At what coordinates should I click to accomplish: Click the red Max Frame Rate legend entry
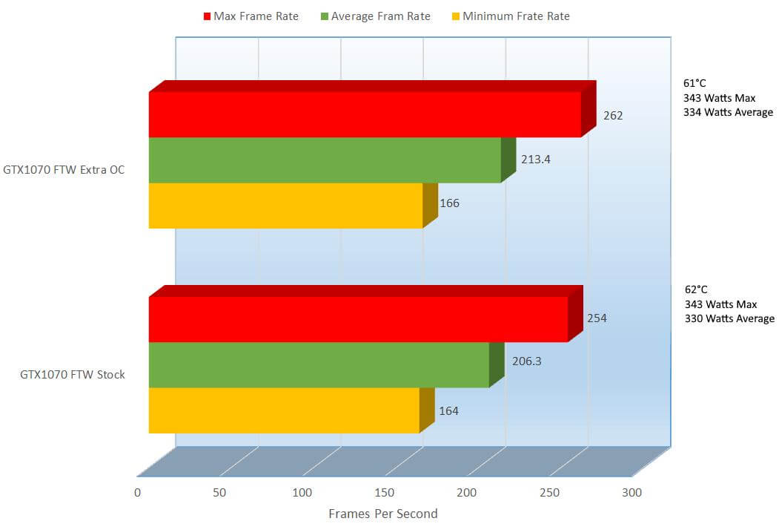coord(250,16)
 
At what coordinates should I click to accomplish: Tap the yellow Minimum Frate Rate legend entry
coord(510,16)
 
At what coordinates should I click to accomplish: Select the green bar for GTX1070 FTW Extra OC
coord(325,160)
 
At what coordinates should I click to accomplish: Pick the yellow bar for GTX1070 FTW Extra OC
coord(285,206)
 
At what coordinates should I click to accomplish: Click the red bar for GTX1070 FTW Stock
coord(358,319)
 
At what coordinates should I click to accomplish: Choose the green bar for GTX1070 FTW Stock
coord(319,364)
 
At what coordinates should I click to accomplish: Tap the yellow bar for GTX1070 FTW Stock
coord(284,410)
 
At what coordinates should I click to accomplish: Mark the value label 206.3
coord(526,363)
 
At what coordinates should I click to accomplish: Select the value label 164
coord(449,410)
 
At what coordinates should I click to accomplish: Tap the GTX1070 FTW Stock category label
coord(73,375)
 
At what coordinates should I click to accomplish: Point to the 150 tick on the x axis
coord(384,492)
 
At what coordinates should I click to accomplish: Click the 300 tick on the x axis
coord(632,492)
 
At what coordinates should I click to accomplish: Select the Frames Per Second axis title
coord(382,514)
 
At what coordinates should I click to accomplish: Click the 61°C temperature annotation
coord(695,83)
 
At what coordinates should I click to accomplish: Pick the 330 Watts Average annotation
coord(729,318)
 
